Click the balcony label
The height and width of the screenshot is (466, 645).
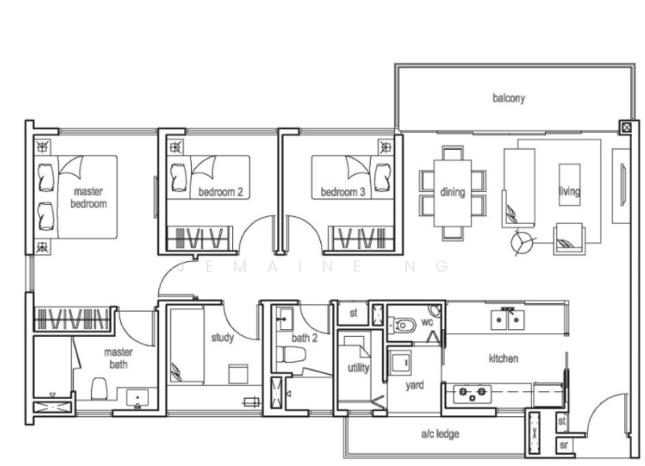(x=509, y=98)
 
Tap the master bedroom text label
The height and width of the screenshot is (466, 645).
(x=89, y=198)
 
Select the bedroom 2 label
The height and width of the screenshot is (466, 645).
(x=220, y=192)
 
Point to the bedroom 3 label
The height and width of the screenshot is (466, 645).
(x=343, y=192)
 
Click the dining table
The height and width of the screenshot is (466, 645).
(x=452, y=193)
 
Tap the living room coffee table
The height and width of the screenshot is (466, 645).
(x=569, y=185)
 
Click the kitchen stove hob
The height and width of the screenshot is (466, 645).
(x=472, y=393)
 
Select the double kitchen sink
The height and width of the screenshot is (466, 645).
(x=507, y=319)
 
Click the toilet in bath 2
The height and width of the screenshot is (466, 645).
(x=291, y=354)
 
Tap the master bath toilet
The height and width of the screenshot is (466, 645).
(x=99, y=389)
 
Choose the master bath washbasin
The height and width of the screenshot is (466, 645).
(x=137, y=398)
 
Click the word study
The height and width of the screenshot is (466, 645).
(x=223, y=338)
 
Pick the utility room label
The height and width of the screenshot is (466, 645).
(x=358, y=368)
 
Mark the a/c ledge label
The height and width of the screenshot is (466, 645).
(x=440, y=434)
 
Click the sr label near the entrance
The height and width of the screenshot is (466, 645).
(x=564, y=445)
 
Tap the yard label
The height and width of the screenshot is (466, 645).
(x=414, y=385)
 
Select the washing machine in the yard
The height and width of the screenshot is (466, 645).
(x=400, y=363)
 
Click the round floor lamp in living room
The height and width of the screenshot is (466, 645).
(x=521, y=243)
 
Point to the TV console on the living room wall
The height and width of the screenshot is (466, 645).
(x=621, y=186)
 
